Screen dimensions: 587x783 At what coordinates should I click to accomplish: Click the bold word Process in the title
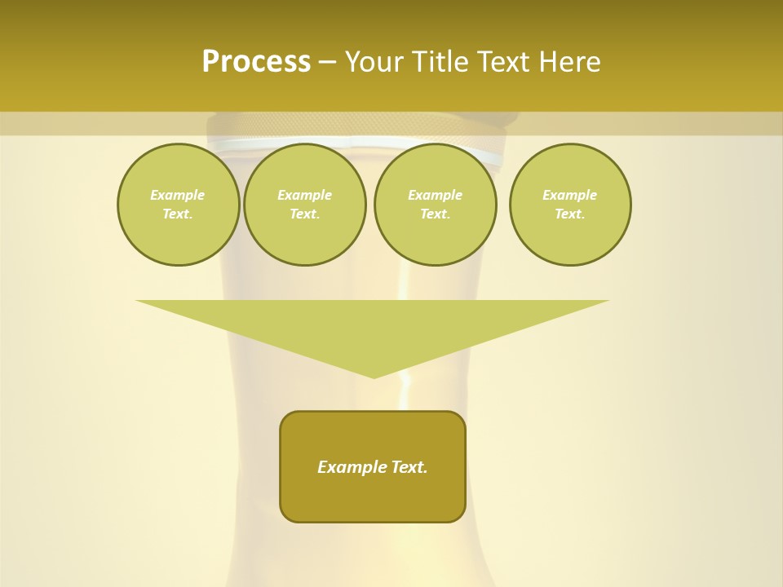[256, 62]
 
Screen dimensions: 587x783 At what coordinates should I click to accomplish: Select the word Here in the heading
[568, 62]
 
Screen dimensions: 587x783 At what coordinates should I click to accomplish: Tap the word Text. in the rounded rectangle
[409, 467]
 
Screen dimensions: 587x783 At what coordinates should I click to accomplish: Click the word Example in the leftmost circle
[178, 195]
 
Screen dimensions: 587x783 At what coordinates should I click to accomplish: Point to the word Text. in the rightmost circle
[570, 214]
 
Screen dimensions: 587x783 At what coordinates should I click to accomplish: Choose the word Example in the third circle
[435, 195]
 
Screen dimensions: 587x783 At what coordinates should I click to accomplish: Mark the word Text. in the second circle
[305, 214]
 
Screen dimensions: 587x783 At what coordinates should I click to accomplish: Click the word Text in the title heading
[502, 62]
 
